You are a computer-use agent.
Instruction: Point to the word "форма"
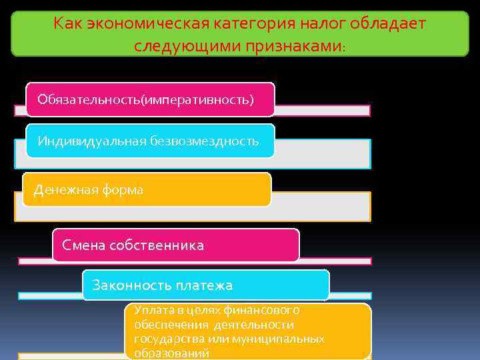click(x=122, y=190)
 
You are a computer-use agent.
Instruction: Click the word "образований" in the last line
click(x=172, y=353)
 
